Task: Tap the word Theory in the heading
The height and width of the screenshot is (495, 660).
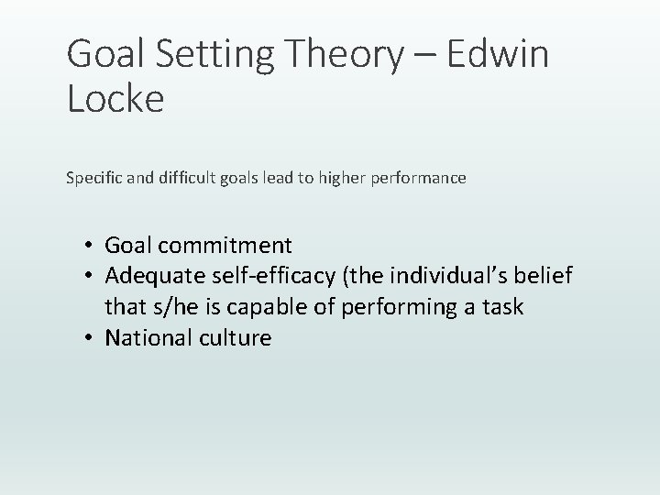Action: [x=346, y=57]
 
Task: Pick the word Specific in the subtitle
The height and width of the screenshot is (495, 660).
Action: [x=93, y=179]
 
